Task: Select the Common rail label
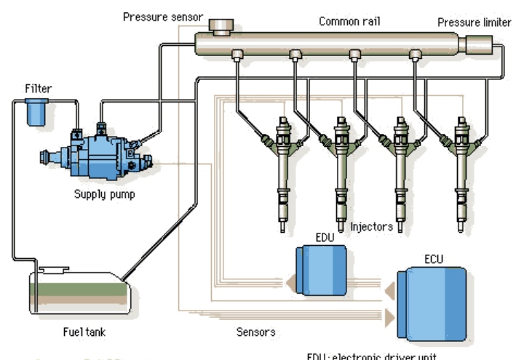point(349,21)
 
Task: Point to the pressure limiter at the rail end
point(478,45)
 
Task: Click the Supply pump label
point(105,194)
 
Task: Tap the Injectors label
point(371,226)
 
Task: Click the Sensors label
point(256,332)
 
